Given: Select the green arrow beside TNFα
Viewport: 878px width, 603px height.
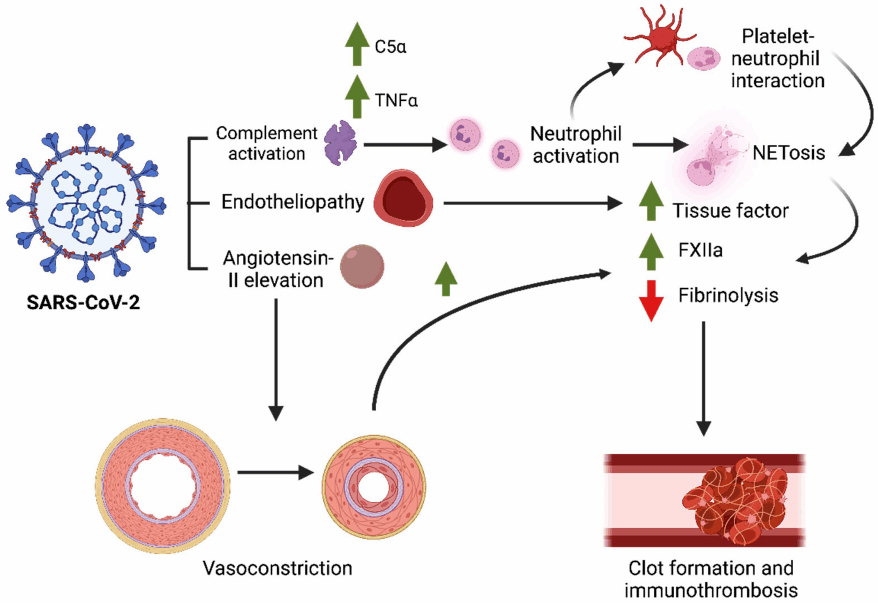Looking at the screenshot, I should coord(357,97).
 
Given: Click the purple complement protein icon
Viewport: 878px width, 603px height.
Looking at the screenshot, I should coord(340,143).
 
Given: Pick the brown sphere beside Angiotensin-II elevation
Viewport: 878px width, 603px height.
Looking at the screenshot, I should coord(362,266).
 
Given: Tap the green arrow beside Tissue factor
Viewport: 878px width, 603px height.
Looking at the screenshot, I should coord(651,201).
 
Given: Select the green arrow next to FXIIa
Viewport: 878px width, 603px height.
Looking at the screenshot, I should coord(651,252).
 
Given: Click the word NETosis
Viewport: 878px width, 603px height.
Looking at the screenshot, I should coord(788,153).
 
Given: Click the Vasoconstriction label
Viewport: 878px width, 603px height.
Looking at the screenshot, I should coord(277,568).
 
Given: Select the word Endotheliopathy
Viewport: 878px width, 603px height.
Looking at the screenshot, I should coord(293,202).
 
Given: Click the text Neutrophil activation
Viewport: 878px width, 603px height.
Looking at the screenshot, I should coord(576,145).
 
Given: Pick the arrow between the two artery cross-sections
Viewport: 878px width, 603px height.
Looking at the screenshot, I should coord(275,472).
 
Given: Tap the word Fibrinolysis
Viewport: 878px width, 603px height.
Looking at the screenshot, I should coord(728,296).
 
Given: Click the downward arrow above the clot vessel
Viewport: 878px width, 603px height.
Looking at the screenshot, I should coord(703,378).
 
